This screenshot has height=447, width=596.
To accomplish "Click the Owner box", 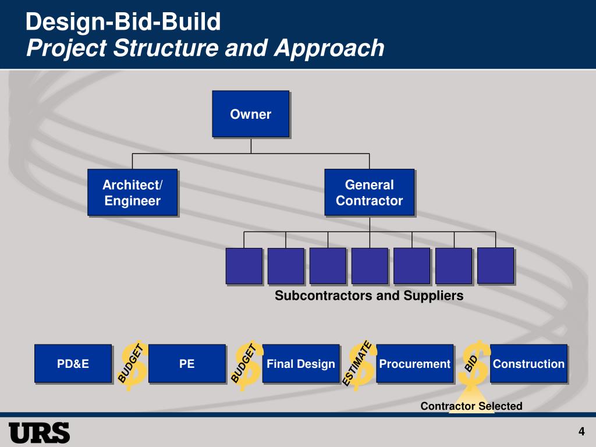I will tap(250, 114).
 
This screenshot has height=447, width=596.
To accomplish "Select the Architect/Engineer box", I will tap(132, 193).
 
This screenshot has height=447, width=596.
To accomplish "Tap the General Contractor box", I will tap(369, 193).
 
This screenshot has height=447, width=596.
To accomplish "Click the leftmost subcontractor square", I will tap(244, 266).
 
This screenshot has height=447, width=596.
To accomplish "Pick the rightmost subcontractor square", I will tap(495, 265).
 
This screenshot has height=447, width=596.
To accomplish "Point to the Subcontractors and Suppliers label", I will tap(369, 296).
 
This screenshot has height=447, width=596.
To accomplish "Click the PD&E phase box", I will tap(73, 364).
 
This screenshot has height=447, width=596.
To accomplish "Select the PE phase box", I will tap(187, 364).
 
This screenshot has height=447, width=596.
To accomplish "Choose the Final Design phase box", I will tap(300, 364).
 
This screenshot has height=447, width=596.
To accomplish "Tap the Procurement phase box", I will tap(414, 364).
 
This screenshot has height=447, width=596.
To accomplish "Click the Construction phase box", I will tap(528, 364).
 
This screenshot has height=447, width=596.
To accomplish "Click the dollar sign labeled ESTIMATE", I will tap(360, 364).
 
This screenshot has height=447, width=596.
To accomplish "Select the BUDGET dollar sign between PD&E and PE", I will tap(132, 364).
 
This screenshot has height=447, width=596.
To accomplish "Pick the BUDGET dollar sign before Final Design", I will tap(246, 364).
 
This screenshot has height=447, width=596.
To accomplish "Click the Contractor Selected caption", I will tap(471, 406).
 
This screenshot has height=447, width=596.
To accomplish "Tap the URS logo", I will tap(39, 432).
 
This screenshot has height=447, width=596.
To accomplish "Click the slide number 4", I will tap(581, 431).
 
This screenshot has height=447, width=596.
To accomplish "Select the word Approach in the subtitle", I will tap(329, 48).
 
